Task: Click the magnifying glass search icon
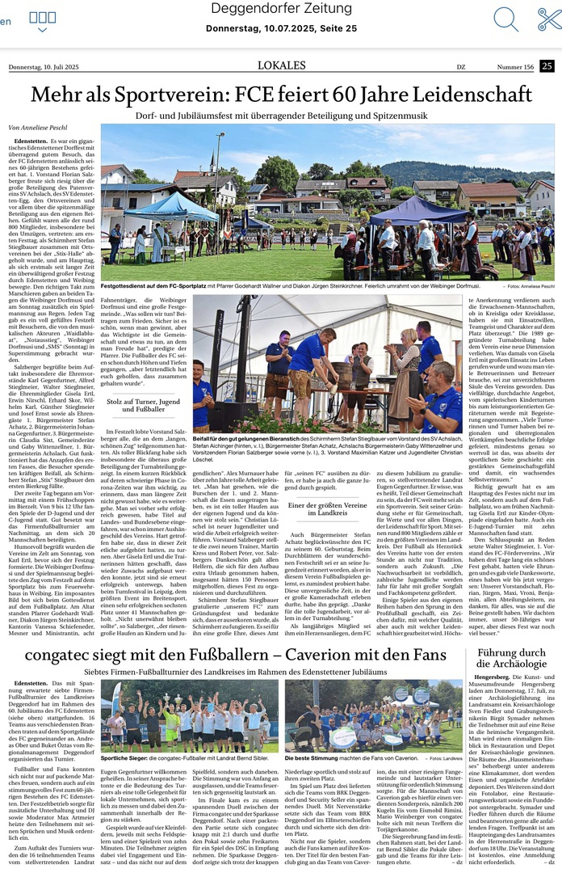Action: [x=505, y=18]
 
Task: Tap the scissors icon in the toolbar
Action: [x=549, y=18]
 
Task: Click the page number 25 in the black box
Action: [x=547, y=66]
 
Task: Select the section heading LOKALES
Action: [x=281, y=65]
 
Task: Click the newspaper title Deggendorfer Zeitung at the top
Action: [x=280, y=8]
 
